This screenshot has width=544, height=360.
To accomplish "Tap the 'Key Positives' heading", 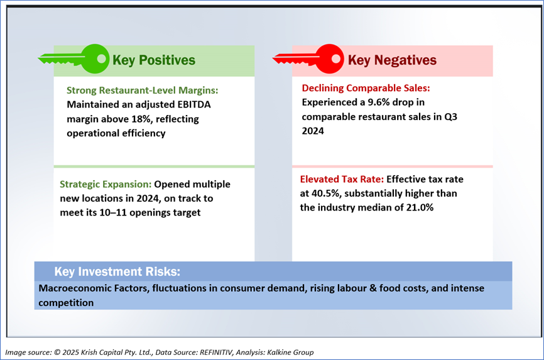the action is pos(154,60).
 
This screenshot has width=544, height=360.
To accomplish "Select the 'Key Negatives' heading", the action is pos(392,60).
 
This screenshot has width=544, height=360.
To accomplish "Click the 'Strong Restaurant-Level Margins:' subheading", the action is pos(142,90).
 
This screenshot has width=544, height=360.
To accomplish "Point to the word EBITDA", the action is pos(193,104).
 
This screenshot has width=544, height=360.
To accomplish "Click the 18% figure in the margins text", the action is pos(141,119).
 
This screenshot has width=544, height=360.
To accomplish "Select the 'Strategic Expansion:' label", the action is pos(106,184).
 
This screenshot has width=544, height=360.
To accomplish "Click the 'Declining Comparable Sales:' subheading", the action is pos(366,88).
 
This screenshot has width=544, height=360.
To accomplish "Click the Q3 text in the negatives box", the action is pos(450,117).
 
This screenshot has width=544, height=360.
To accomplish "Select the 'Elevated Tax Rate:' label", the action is pos(342,179).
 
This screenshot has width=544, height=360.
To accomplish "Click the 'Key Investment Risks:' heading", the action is pos(117,271).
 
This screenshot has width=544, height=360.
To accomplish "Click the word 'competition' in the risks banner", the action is pos(66,303).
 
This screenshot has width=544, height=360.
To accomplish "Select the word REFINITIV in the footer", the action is pos(216,352).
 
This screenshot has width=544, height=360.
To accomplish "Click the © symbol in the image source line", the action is pos(57,352).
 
